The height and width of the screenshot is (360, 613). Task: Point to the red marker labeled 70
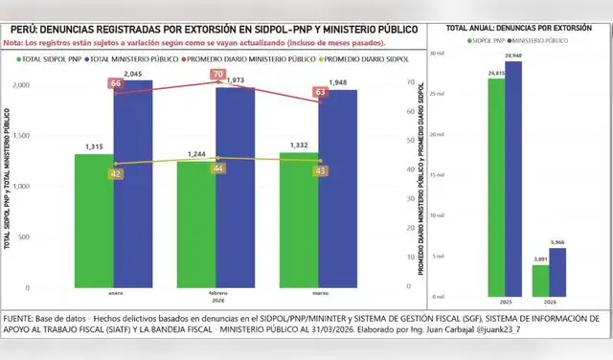(x=217, y=75)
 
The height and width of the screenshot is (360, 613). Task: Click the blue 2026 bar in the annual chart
(x=558, y=272)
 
